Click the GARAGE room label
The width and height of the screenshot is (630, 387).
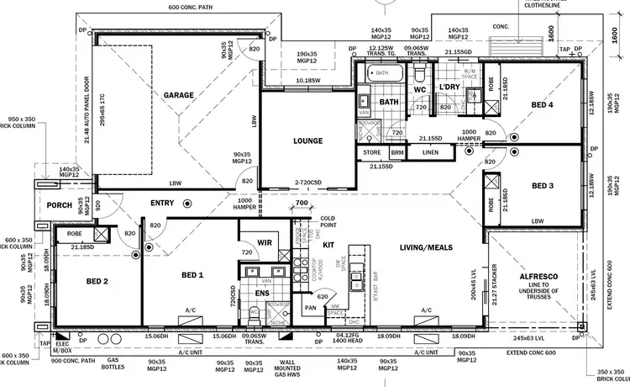click(x=178, y=95)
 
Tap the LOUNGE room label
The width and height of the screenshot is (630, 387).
click(x=308, y=140)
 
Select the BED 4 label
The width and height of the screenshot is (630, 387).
click(x=542, y=105)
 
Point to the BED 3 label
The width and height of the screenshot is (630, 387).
click(x=542, y=186)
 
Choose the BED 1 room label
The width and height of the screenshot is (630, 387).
click(x=192, y=275)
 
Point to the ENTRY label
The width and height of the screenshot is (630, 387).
click(x=162, y=203)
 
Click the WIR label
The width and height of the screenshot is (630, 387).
click(x=264, y=242)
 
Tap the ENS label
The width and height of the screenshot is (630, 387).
click(x=261, y=294)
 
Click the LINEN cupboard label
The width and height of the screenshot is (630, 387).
click(x=430, y=152)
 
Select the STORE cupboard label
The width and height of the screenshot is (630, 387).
click(x=373, y=152)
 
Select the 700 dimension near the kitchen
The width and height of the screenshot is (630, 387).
click(x=302, y=204)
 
